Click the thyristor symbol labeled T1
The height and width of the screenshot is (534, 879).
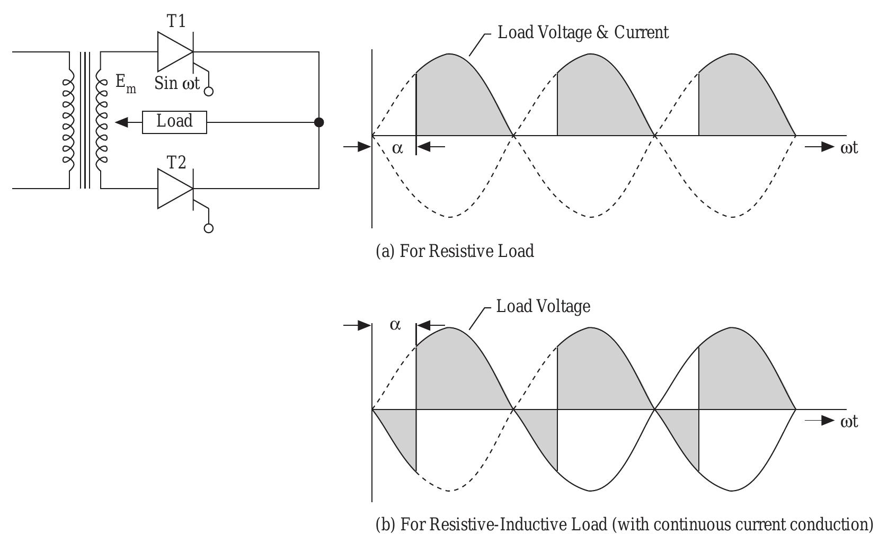click(175, 51)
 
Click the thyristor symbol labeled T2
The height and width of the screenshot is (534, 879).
click(175, 189)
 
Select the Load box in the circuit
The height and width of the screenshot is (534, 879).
click(174, 122)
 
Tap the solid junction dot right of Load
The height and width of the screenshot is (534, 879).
click(319, 122)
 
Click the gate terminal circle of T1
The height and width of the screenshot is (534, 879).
click(209, 91)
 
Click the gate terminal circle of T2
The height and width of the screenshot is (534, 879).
click(209, 228)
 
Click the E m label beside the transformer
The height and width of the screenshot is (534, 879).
click(126, 84)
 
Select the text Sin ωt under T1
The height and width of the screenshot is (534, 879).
click(177, 83)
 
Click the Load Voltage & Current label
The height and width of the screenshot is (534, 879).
click(583, 32)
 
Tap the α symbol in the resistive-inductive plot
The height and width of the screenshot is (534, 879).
click(395, 325)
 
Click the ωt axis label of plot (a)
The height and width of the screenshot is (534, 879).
click(849, 147)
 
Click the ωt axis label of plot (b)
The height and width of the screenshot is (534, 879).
click(849, 421)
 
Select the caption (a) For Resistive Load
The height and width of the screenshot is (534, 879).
click(455, 251)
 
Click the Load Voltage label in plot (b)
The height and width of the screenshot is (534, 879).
click(543, 306)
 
